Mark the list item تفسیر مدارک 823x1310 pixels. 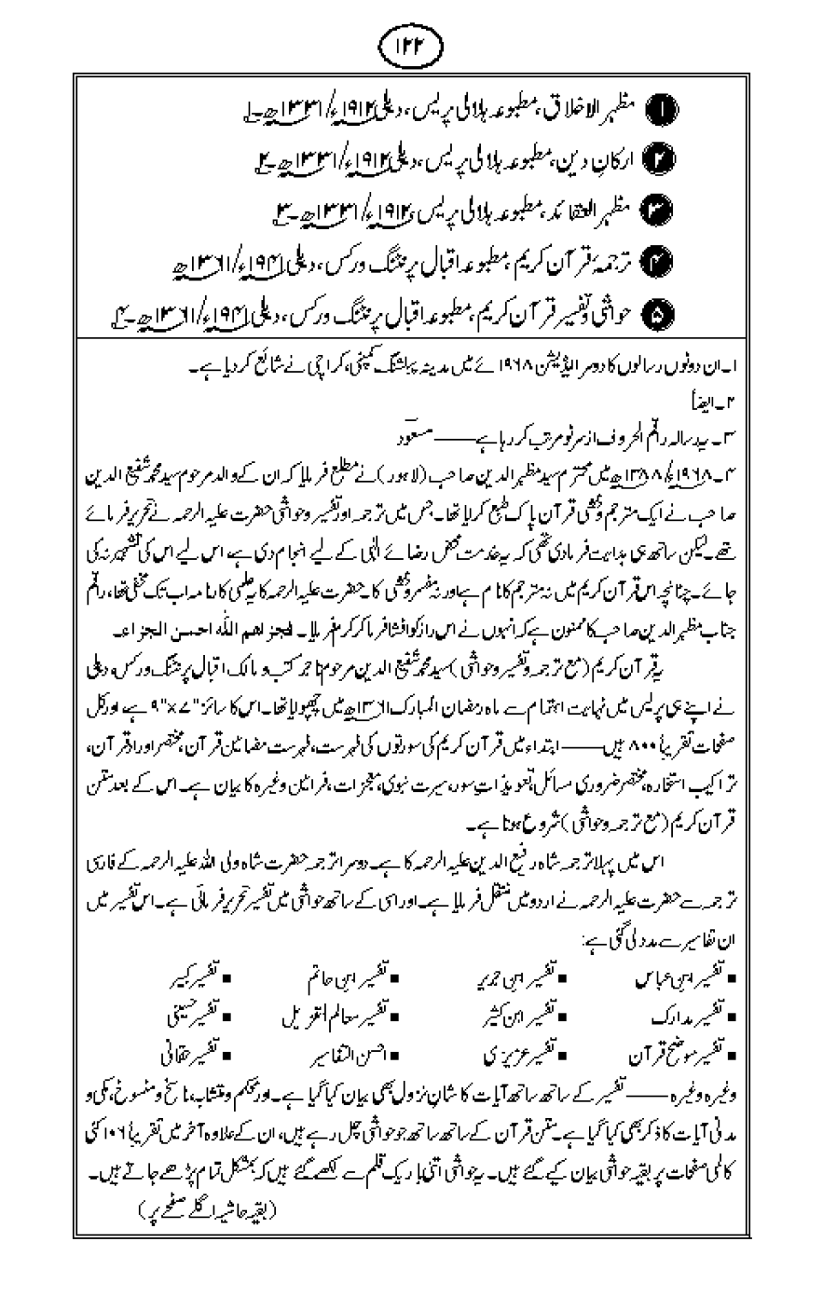point(692,1017)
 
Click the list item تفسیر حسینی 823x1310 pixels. point(194,1017)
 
